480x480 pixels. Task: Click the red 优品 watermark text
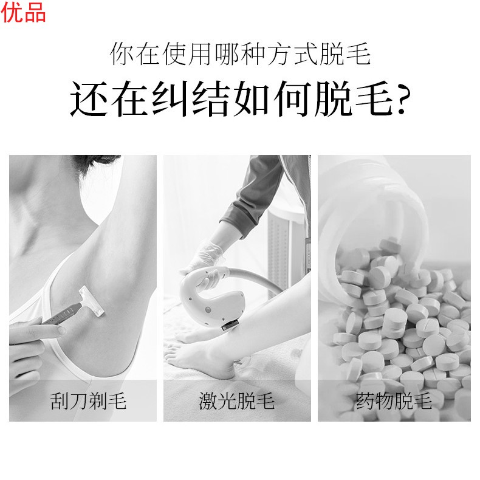(23, 12)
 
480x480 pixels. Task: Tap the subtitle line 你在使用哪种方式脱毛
(240, 55)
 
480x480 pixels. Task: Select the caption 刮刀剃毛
(89, 401)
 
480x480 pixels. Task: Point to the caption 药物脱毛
(394, 401)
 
